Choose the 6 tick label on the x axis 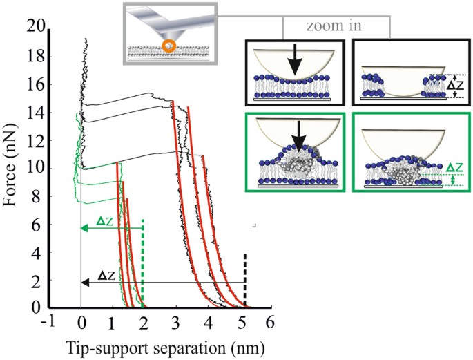click(x=270, y=322)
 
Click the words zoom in click(x=335, y=26)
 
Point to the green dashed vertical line click(x=143, y=263)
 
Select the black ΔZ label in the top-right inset click(x=453, y=86)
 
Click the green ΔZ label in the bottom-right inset click(x=454, y=167)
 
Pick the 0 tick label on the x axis click(x=81, y=322)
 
